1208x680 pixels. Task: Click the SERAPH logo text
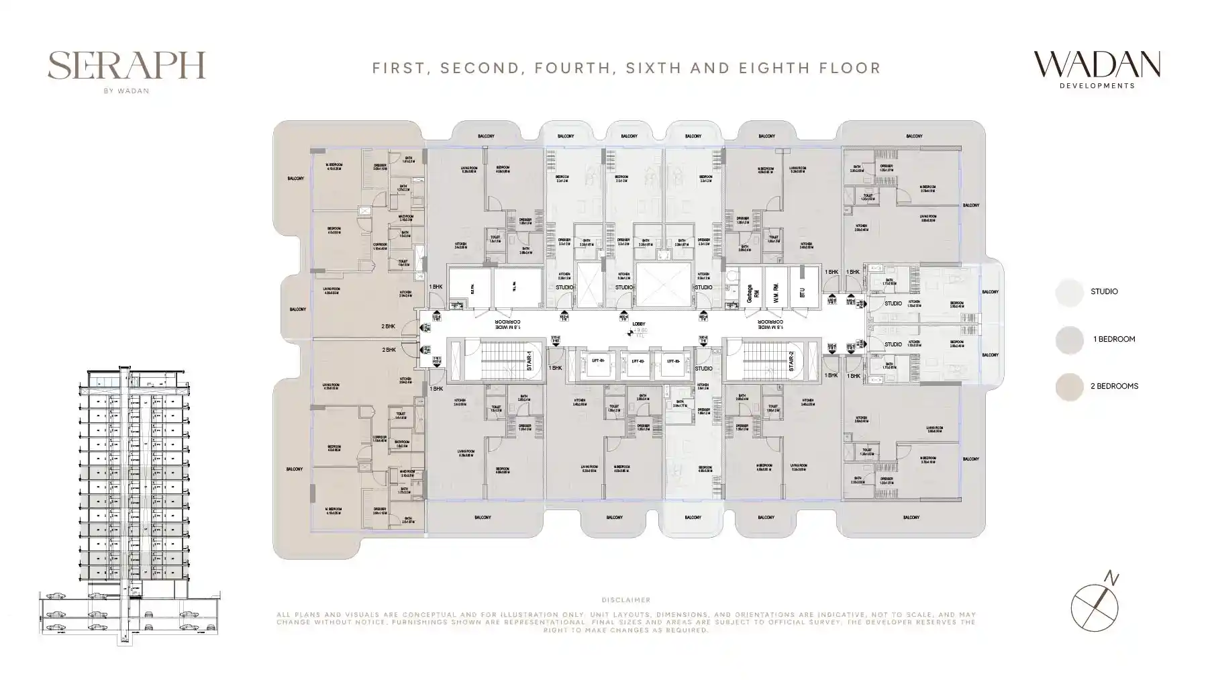[126, 66]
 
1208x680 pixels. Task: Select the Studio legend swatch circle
[1069, 292]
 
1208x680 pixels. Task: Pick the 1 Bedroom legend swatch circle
[1069, 340]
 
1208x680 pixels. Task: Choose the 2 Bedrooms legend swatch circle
[1069, 387]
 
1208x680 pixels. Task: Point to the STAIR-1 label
[529, 361]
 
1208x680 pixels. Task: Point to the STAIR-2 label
[791, 361]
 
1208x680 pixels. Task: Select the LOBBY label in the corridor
[638, 324]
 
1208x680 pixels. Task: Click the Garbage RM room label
[753, 293]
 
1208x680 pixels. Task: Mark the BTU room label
[801, 293]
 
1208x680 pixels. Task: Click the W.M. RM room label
[776, 293]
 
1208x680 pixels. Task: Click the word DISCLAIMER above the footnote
[625, 600]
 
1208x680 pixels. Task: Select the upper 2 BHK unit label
[388, 326]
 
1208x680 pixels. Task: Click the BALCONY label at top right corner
[913, 136]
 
